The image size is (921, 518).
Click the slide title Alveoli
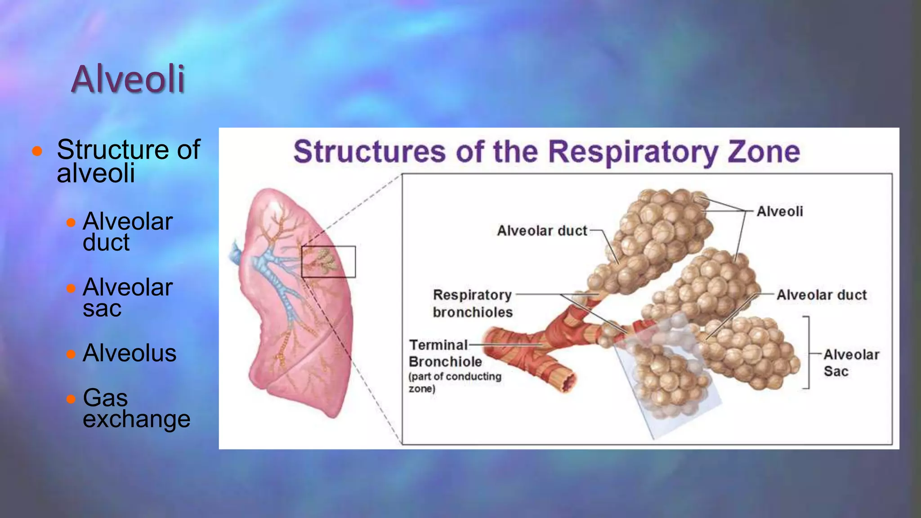click(128, 79)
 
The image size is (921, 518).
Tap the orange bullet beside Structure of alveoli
click(37, 151)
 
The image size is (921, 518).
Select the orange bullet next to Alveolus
click(71, 354)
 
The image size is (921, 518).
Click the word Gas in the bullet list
click(105, 397)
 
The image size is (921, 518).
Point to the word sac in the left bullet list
click(102, 308)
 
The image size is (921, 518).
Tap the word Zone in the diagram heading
click(764, 152)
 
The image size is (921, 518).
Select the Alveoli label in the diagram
click(779, 211)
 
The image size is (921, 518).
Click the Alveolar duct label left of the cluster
click(542, 231)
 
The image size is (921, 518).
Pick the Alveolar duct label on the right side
click(821, 295)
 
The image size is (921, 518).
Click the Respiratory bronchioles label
click(472, 304)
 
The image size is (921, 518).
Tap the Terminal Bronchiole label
click(445, 353)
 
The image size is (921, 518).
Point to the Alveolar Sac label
click(851, 363)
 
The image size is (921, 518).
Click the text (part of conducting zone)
click(455, 382)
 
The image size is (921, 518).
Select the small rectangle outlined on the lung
click(328, 261)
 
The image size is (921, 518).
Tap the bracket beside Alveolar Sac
click(808, 353)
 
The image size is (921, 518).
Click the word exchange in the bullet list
click(136, 419)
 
